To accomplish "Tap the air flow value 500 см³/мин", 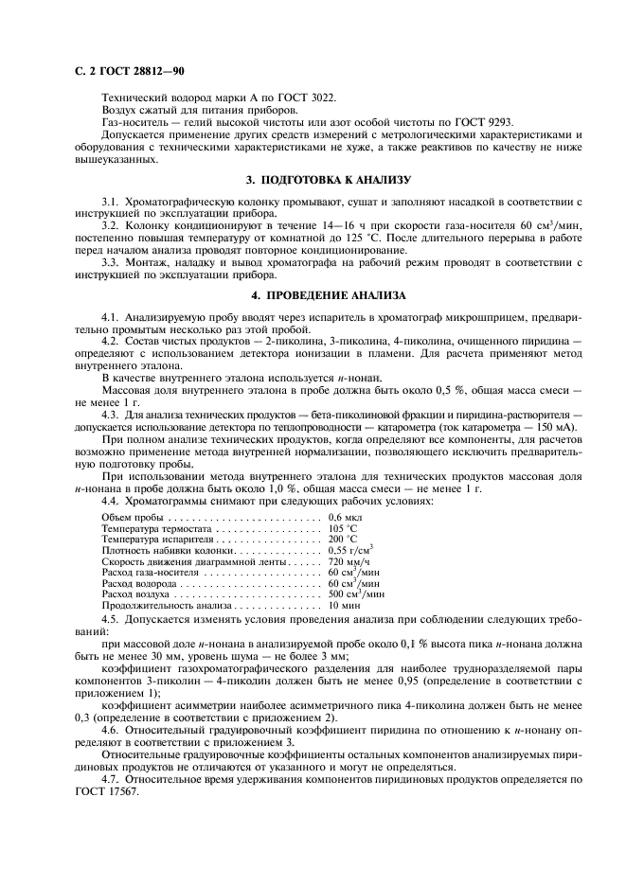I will (x=356, y=594).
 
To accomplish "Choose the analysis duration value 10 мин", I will (x=344, y=605).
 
